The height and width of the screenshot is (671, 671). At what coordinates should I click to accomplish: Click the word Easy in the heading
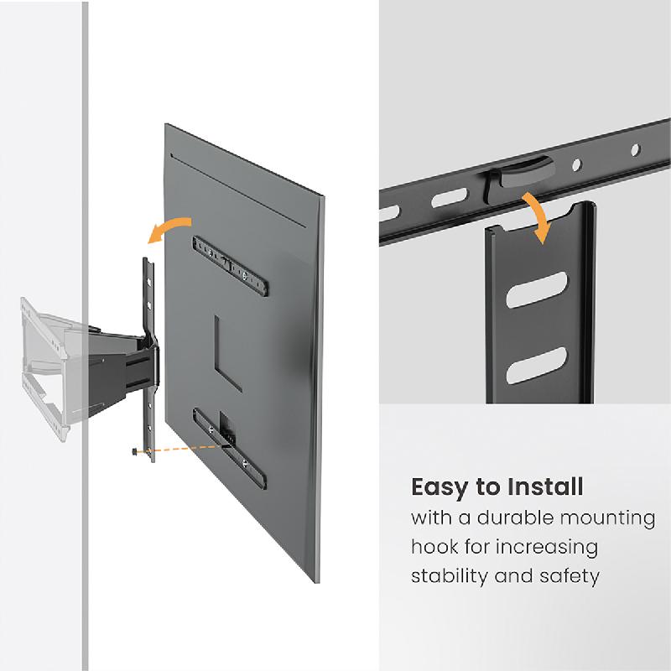[x=438, y=487]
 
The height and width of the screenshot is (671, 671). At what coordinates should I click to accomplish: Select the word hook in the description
[x=434, y=548]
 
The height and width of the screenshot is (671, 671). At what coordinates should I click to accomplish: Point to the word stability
[x=448, y=577]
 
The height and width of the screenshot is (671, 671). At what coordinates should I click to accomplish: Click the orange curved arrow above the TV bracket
[x=168, y=229]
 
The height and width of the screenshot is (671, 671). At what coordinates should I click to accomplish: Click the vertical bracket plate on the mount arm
[x=148, y=352]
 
